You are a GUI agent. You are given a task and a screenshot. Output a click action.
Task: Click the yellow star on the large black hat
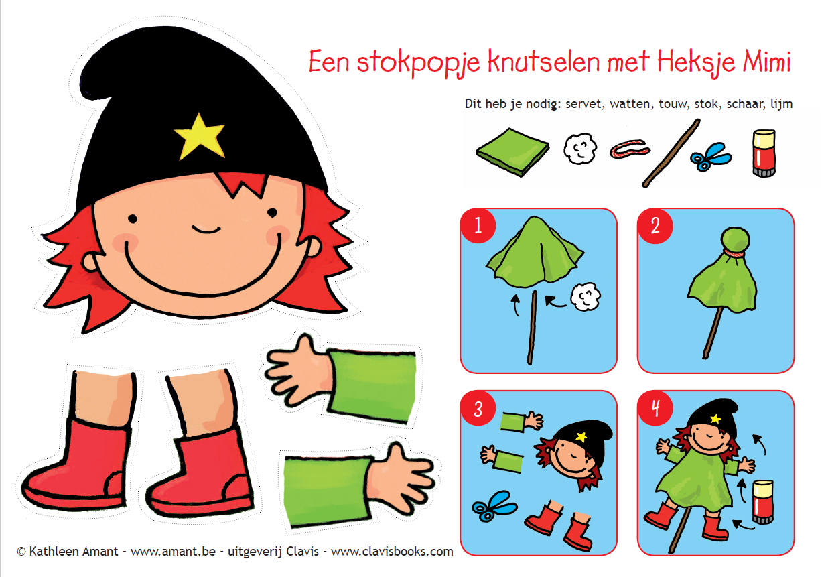pyautogui.click(x=200, y=137)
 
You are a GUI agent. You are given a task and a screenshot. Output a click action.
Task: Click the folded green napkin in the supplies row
pyautogui.click(x=512, y=152)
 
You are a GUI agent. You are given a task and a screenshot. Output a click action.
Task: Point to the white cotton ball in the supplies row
pyautogui.click(x=580, y=148)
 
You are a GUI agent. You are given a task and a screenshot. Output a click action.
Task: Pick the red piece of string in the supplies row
pyautogui.click(x=630, y=149)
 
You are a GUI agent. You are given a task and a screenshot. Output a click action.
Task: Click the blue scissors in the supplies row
pyautogui.click(x=711, y=157)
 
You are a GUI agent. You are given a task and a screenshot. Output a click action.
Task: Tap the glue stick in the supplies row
pyautogui.click(x=764, y=153)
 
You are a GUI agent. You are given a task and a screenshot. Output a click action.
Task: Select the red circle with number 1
pyautogui.click(x=478, y=225)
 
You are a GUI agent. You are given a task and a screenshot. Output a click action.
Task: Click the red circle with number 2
pyautogui.click(x=655, y=225)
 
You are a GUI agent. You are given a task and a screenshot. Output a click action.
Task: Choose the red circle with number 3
pyautogui.click(x=478, y=408)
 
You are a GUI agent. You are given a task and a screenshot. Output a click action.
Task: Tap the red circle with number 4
pyautogui.click(x=655, y=408)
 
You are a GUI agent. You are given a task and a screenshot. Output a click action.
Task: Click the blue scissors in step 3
pyautogui.click(x=494, y=506)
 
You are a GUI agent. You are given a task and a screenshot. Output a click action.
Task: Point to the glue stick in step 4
pyautogui.click(x=762, y=501)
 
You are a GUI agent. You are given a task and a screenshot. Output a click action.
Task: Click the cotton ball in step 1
pyautogui.click(x=586, y=296)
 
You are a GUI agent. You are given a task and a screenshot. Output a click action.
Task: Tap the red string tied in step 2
pyautogui.click(x=734, y=253)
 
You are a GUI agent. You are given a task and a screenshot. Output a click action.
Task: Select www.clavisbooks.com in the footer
pyautogui.click(x=392, y=551)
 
